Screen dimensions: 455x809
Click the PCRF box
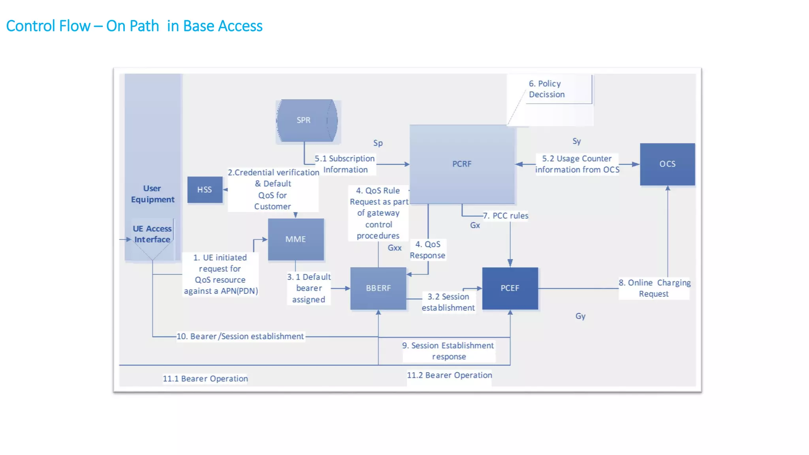pyautogui.click(x=462, y=164)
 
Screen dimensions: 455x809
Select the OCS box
pyautogui.click(x=667, y=164)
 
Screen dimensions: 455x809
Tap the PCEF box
pyautogui.click(x=510, y=288)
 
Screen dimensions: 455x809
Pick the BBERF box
pyautogui.click(x=378, y=288)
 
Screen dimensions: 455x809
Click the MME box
pyautogui.click(x=295, y=239)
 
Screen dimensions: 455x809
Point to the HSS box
pyautogui.click(x=205, y=190)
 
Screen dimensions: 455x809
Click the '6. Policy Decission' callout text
pyautogui.click(x=547, y=89)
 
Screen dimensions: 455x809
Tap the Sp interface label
pyautogui.click(x=378, y=143)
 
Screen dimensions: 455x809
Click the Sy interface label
pyautogui.click(x=576, y=141)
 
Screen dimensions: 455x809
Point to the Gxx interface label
pyautogui.click(x=394, y=248)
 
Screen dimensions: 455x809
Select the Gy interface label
pyautogui.click(x=580, y=316)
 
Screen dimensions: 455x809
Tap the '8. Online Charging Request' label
pyautogui.click(x=654, y=288)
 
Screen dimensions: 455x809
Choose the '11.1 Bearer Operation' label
pyautogui.click(x=205, y=378)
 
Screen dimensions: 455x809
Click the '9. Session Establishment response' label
pyautogui.click(x=448, y=351)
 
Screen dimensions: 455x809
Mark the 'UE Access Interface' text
pyautogui.click(x=152, y=234)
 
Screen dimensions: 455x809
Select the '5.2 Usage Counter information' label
pyautogui.click(x=577, y=164)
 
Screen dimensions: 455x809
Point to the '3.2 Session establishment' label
pyautogui.click(x=448, y=302)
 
